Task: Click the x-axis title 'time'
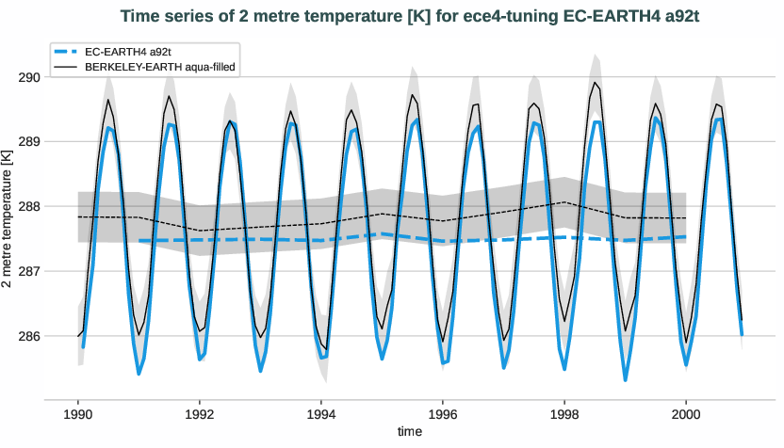tap(409, 431)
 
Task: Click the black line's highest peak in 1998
tap(595, 83)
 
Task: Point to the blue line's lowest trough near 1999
tap(625, 379)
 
